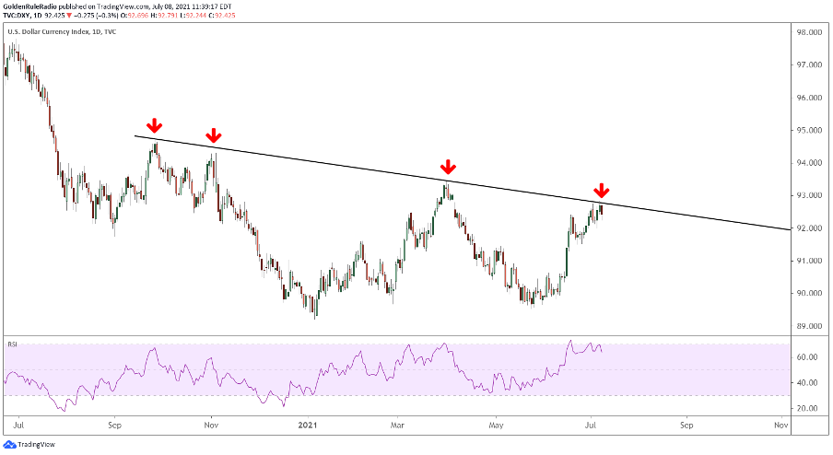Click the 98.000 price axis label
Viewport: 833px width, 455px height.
coord(810,32)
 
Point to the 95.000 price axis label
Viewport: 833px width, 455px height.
coord(810,130)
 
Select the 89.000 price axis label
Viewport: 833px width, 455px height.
coord(810,326)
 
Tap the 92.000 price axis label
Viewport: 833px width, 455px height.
coord(810,227)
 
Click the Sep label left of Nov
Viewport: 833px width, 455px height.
coord(114,426)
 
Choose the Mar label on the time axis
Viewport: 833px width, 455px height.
coord(399,426)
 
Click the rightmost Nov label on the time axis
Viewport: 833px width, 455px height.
coord(780,426)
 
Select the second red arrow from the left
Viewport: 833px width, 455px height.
coord(213,137)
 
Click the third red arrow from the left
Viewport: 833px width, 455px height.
coord(447,167)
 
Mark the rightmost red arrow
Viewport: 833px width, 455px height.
coord(601,191)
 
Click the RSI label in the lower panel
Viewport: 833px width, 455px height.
coord(13,344)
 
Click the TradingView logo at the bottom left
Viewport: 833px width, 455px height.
coord(29,444)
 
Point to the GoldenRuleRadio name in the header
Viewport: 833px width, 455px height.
coord(32,6)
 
